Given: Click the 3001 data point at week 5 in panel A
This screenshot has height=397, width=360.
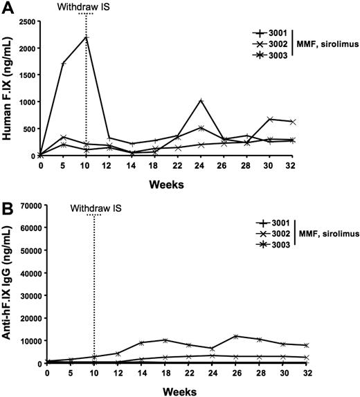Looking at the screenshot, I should [64, 64].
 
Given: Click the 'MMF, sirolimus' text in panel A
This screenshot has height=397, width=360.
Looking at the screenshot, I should [329, 44].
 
